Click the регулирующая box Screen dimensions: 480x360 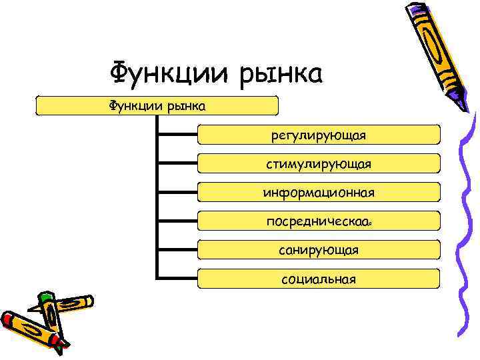319,135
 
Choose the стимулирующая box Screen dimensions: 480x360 319,164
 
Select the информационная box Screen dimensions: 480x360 319,193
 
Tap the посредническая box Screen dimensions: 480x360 319,221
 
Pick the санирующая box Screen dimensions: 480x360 319,250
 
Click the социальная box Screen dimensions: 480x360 319,279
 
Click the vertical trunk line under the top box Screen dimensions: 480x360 156,200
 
